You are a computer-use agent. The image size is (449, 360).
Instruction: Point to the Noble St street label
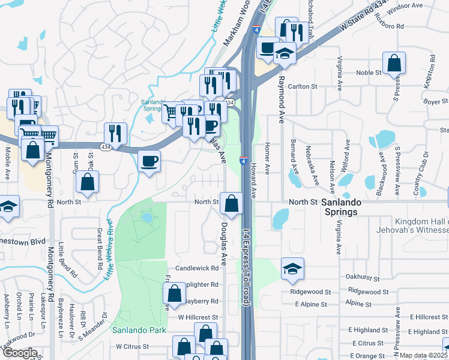tap(369, 73)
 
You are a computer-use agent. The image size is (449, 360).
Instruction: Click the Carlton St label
tap(302, 86)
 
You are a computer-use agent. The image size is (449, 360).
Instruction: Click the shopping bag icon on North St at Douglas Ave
tap(231, 203)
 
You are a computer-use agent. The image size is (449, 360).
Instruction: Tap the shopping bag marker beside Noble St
tap(394, 64)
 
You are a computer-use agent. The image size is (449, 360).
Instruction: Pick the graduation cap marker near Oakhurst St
tap(292, 269)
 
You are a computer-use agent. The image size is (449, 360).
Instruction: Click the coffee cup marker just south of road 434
tap(149, 161)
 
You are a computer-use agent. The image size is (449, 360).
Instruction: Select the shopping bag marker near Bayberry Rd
tap(174, 293)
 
